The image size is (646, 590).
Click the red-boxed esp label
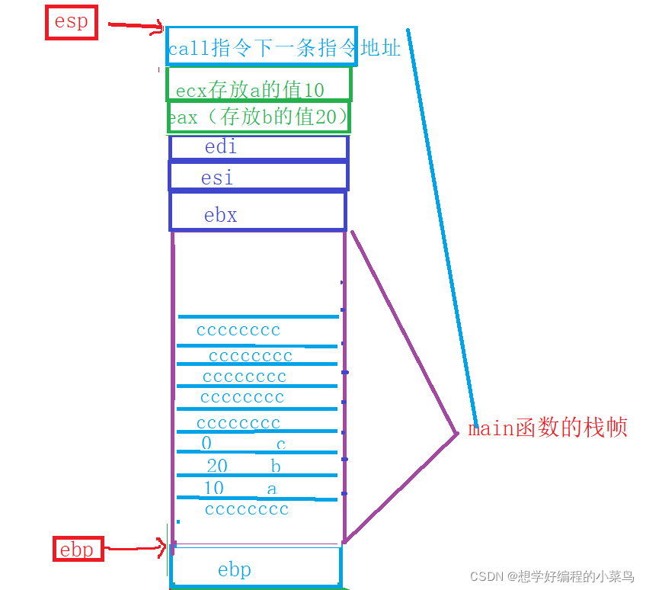(x=72, y=23)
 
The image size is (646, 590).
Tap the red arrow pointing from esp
(x=136, y=26)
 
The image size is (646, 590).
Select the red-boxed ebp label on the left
(x=76, y=549)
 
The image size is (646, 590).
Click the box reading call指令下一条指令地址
(x=262, y=46)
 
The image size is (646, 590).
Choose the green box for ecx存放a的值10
(x=258, y=85)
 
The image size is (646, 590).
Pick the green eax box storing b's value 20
(x=258, y=117)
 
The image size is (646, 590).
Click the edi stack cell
(x=258, y=147)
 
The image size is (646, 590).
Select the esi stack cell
(x=258, y=177)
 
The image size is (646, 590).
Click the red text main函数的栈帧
(x=547, y=428)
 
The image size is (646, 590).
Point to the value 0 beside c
(x=206, y=444)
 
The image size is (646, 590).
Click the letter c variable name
(x=280, y=444)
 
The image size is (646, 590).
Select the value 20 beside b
(x=217, y=466)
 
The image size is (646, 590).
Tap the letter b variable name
(x=276, y=466)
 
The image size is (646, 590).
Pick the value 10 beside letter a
(x=214, y=488)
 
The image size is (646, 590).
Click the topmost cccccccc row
(x=238, y=330)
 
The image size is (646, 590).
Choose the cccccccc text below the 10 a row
(x=247, y=509)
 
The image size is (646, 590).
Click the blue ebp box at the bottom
(x=255, y=568)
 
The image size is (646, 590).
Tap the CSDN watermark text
(x=552, y=576)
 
